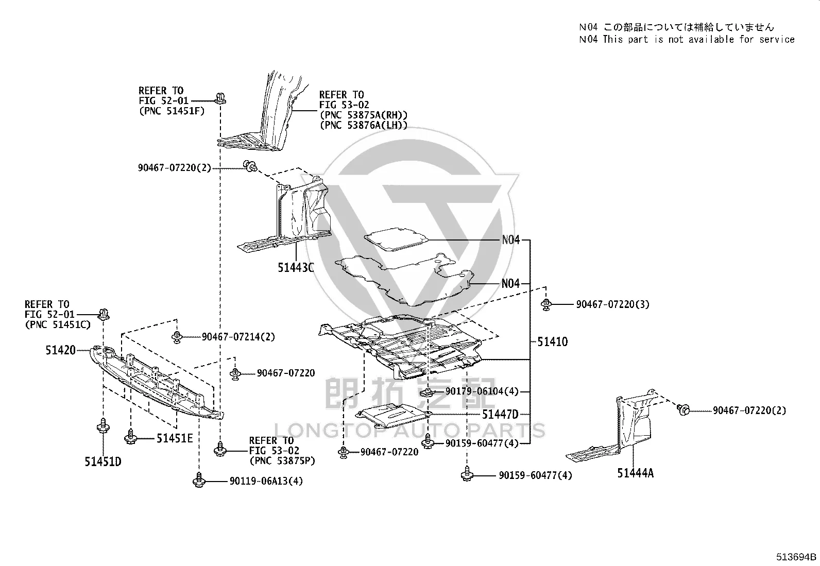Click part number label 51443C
296,268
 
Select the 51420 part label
60,350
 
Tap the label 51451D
103,461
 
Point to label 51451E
175,438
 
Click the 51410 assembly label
552,342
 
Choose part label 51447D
500,415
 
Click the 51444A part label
635,473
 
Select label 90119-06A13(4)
266,481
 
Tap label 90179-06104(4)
482,392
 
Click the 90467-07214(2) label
238,337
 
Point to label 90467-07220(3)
613,304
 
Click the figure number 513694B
796,557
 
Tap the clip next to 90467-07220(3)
546,304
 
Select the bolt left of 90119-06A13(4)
199,480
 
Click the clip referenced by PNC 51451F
220,98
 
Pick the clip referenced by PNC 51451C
104,314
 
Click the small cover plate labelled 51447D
394,416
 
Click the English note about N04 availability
687,40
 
